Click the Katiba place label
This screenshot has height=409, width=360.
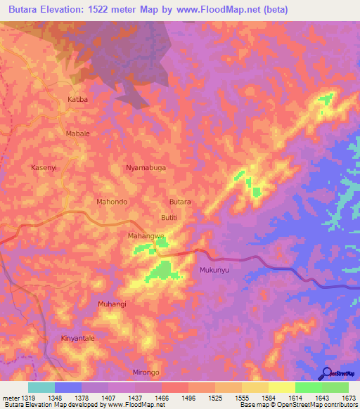(77, 100)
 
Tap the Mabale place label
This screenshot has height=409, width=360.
(77, 133)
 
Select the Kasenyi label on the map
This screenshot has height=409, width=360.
(43, 168)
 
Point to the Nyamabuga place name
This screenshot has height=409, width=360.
(146, 168)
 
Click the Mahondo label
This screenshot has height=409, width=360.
(111, 202)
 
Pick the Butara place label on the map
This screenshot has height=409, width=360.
(181, 202)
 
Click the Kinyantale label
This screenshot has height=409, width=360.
(77, 338)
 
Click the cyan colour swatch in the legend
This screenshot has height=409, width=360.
(41, 387)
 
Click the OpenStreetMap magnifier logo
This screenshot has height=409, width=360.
(325, 373)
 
